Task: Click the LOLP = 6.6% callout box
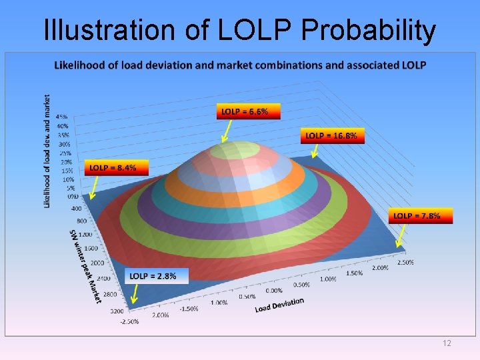pyautogui.click(x=245, y=111)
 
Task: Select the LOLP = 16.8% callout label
pyautogui.click(x=331, y=136)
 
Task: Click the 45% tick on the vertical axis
pyautogui.click(x=62, y=117)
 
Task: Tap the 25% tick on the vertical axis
pyautogui.click(x=64, y=153)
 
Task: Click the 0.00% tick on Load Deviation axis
pyautogui.click(x=273, y=291)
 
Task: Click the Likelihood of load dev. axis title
pyautogui.click(x=47, y=150)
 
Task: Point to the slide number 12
pyautogui.click(x=447, y=343)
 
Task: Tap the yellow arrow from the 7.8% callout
pyautogui.click(x=402, y=235)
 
